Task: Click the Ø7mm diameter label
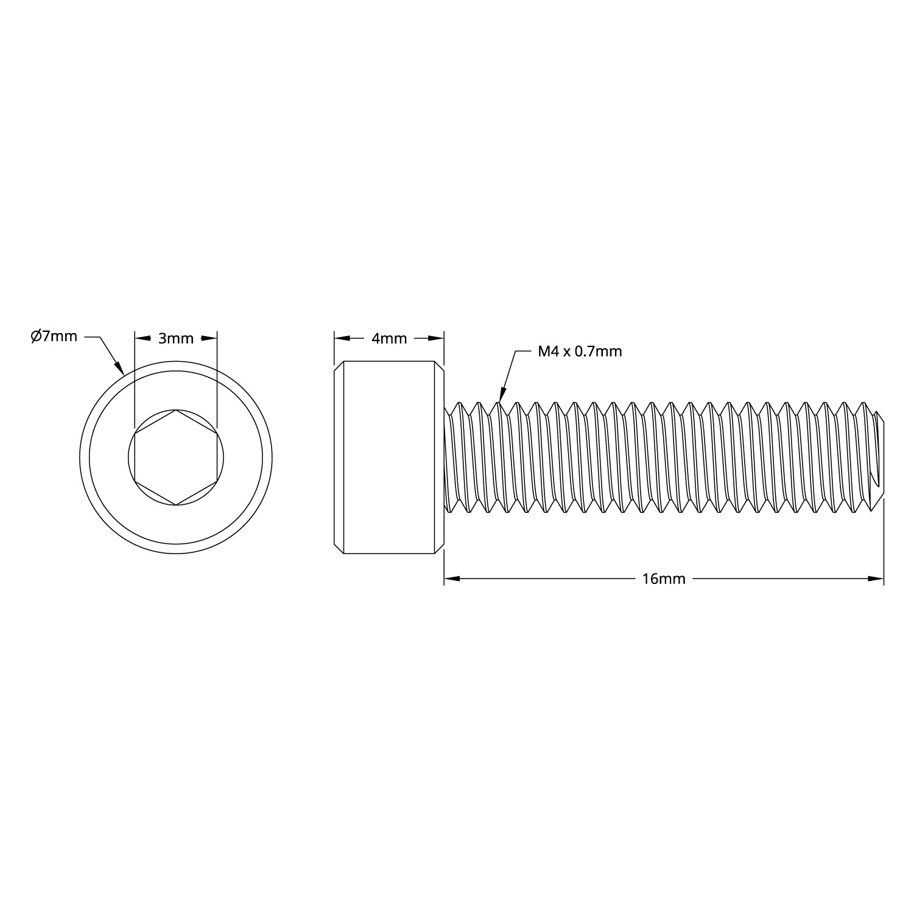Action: point(54,336)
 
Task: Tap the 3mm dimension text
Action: point(176,339)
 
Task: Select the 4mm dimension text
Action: point(389,339)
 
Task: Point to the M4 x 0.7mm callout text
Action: point(580,351)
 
